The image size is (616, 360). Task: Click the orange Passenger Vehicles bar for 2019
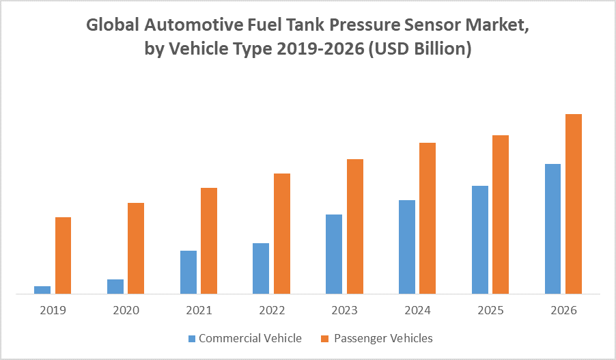pos(63,255)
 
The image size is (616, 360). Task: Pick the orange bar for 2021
pos(209,240)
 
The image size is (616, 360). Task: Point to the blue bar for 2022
pos(261,268)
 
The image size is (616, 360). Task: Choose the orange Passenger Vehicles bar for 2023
pos(355,226)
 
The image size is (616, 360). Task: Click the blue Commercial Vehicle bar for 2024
pos(406,247)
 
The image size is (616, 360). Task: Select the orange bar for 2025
pos(501,214)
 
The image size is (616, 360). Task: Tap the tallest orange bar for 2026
pos(574,204)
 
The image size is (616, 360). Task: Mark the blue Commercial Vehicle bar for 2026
pos(552,229)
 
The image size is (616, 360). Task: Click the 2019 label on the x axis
pos(53,310)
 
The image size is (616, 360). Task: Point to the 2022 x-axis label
pos(272,310)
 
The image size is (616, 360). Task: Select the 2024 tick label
pos(417,310)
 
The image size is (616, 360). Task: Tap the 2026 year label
pos(563,310)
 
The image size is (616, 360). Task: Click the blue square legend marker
pos(192,338)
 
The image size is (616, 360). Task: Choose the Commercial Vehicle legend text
pos(250,338)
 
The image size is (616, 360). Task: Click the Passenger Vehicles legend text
pos(383,338)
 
